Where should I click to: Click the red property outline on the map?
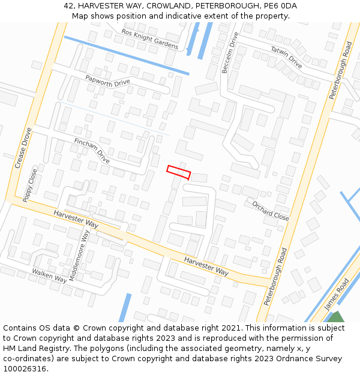178,172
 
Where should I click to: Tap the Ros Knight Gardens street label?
150,39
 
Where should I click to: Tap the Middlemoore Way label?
79,255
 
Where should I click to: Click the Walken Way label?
49,274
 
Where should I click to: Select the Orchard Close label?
271,210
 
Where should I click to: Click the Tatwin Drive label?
286,57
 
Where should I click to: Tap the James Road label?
336,294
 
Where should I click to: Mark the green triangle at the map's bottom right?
336,317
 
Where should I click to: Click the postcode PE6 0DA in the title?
280,6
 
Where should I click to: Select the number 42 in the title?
68,6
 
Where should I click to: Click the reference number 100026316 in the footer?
25,368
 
